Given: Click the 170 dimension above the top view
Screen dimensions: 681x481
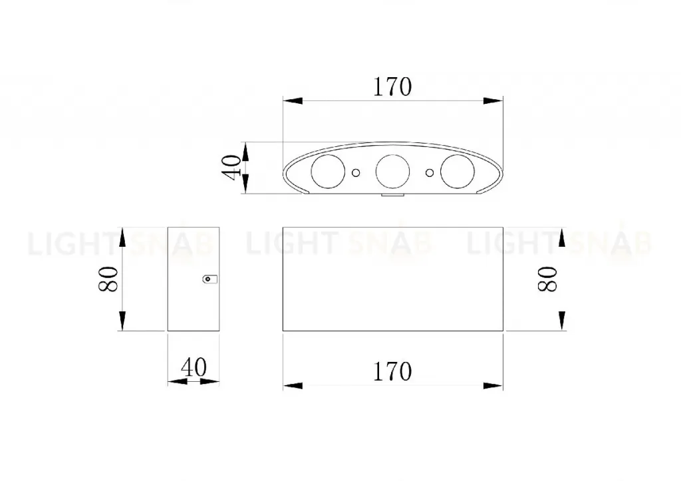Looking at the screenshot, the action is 392,87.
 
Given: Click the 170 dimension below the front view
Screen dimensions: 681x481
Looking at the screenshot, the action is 392,372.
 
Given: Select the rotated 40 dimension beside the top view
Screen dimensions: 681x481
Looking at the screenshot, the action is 231,167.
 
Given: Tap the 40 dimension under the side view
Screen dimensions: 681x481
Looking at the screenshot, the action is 194,368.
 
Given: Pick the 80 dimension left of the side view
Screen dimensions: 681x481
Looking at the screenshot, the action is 108,279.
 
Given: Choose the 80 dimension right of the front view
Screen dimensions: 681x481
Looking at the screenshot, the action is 547,279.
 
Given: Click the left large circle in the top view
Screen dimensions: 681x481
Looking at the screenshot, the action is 328,171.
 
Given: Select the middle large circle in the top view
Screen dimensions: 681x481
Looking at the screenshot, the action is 392,171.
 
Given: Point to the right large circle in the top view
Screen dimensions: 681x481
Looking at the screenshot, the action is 458,171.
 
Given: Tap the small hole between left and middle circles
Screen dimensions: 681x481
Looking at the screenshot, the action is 356,173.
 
